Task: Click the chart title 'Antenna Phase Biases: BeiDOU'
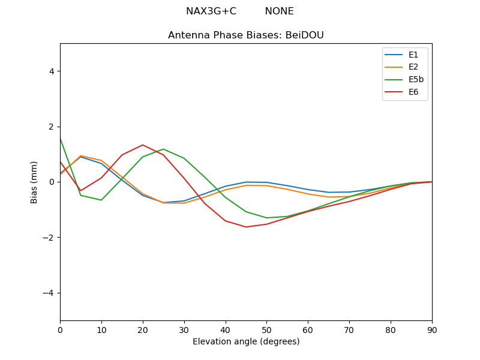[246, 35]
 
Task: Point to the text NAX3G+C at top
[211, 11]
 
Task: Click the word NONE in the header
[280, 11]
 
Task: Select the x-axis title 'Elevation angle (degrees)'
[246, 342]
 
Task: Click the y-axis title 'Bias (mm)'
[34, 182]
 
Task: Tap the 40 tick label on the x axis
[226, 329]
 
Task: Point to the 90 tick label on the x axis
[432, 329]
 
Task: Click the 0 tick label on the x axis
[60, 329]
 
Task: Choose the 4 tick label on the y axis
[52, 71]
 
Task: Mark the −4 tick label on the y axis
[49, 293]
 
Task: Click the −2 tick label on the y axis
[49, 238]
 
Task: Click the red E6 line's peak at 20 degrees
[143, 145]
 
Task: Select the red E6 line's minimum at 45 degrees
[246, 227]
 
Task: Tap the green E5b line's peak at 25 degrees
[163, 149]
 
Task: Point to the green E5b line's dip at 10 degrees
[101, 200]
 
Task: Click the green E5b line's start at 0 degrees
[61, 138]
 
